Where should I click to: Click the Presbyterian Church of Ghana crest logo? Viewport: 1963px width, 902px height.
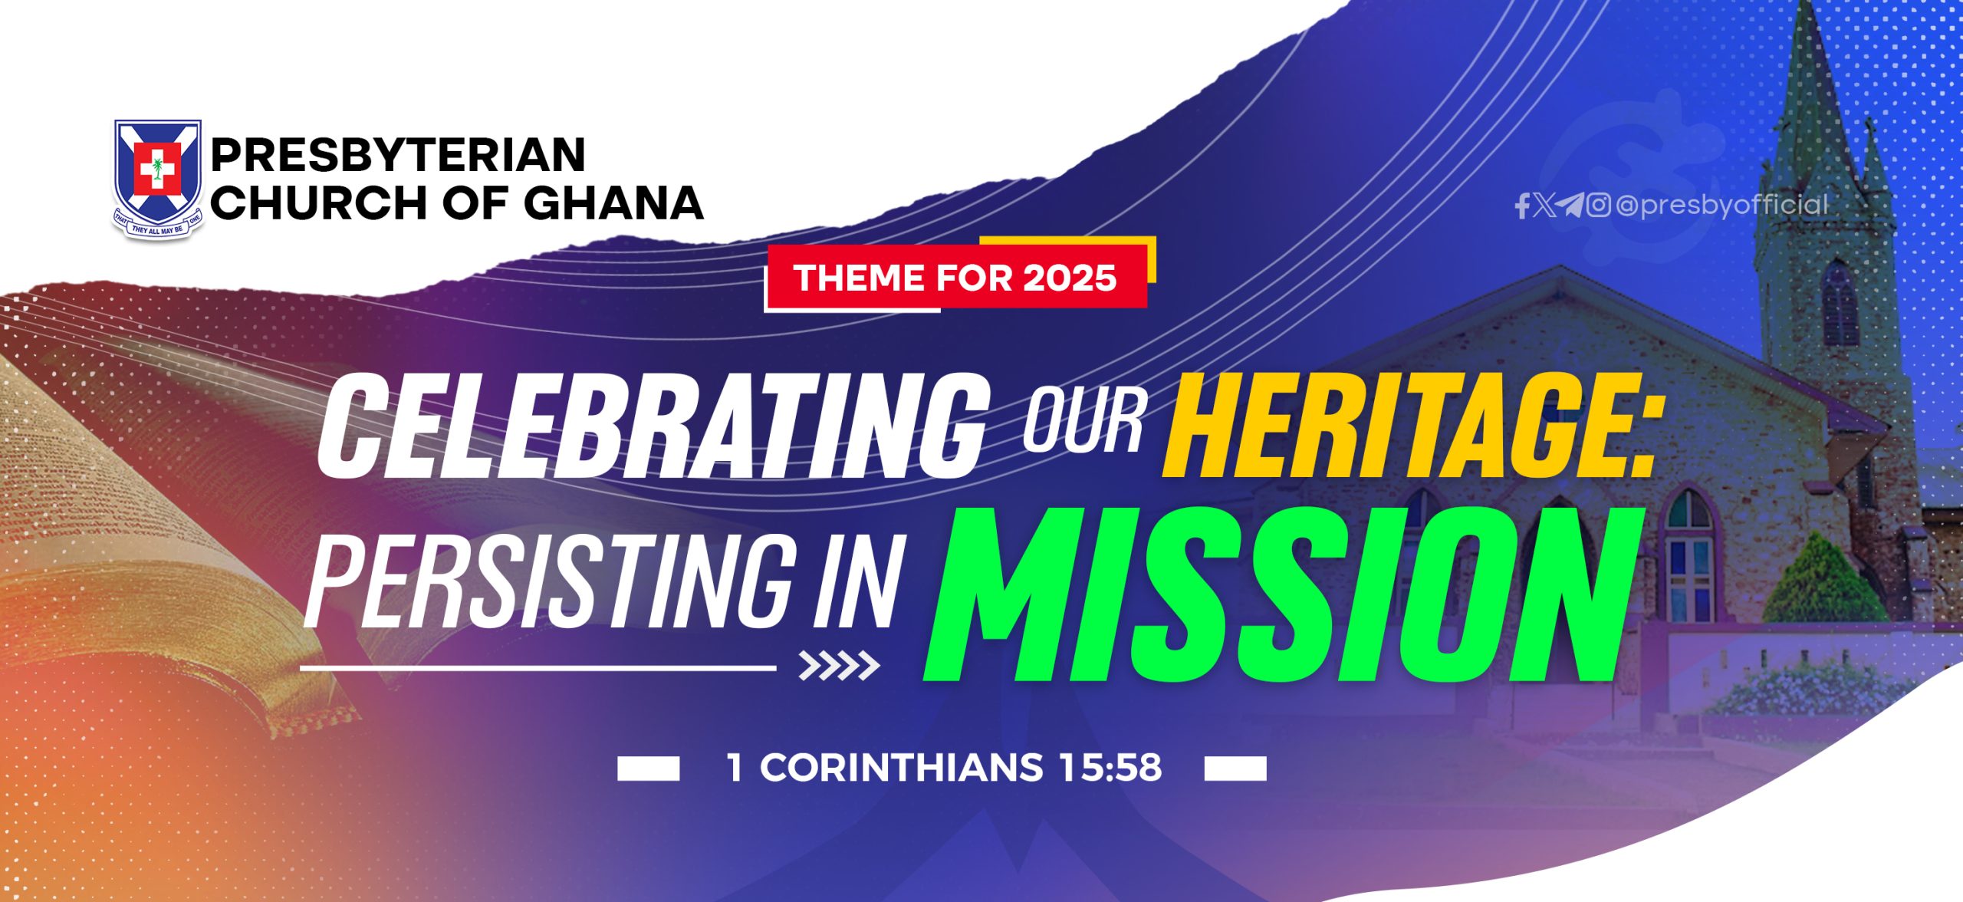158,179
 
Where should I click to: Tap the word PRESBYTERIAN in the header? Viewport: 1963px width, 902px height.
398,155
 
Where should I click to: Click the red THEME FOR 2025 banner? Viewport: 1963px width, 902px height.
955,277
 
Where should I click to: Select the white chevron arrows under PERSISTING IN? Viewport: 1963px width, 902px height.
839,666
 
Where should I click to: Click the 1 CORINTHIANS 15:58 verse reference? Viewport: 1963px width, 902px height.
944,767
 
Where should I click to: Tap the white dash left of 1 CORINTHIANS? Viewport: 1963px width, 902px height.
648,769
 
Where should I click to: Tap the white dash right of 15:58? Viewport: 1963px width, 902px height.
1235,769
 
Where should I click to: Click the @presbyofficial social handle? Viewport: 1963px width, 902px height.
1722,205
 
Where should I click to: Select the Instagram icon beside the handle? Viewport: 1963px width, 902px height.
1598,205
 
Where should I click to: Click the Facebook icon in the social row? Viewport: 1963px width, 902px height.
1523,206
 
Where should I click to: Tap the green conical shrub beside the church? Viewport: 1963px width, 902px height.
1824,578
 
